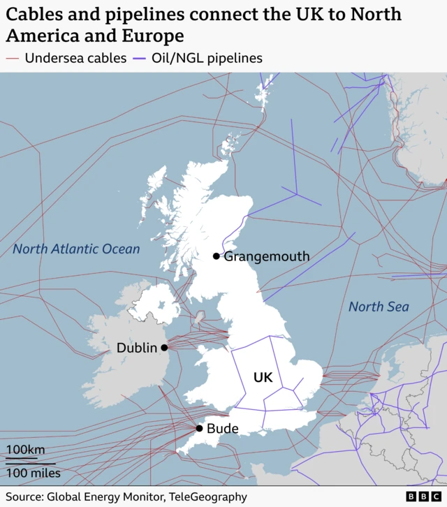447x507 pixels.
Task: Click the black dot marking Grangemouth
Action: pyautogui.click(x=217, y=256)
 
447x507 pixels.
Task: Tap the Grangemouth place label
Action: pyautogui.click(x=266, y=256)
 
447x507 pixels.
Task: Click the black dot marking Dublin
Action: pyautogui.click(x=164, y=348)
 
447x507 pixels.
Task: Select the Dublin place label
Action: pyautogui.click(x=137, y=348)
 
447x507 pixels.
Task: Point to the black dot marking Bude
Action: pyautogui.click(x=199, y=429)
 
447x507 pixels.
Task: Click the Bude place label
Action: pyautogui.click(x=223, y=429)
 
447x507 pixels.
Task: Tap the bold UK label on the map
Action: pyautogui.click(x=263, y=378)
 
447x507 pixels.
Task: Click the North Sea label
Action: pyautogui.click(x=379, y=307)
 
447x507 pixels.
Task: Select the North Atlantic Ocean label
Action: pyautogui.click(x=76, y=249)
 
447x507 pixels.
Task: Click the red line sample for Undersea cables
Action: pyautogui.click(x=13, y=58)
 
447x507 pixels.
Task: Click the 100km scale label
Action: pyautogui.click(x=25, y=450)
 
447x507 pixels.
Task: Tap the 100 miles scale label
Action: pyautogui.click(x=34, y=473)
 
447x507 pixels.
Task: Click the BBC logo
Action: pyautogui.click(x=420, y=497)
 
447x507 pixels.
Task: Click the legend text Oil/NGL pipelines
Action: pyautogui.click(x=208, y=58)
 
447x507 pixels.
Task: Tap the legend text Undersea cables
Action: pyautogui.click(x=75, y=58)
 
